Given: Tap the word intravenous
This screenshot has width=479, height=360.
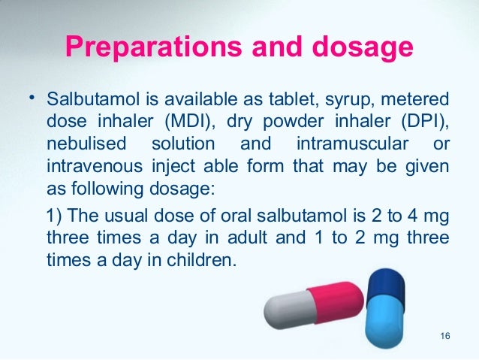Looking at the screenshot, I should (91, 164).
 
